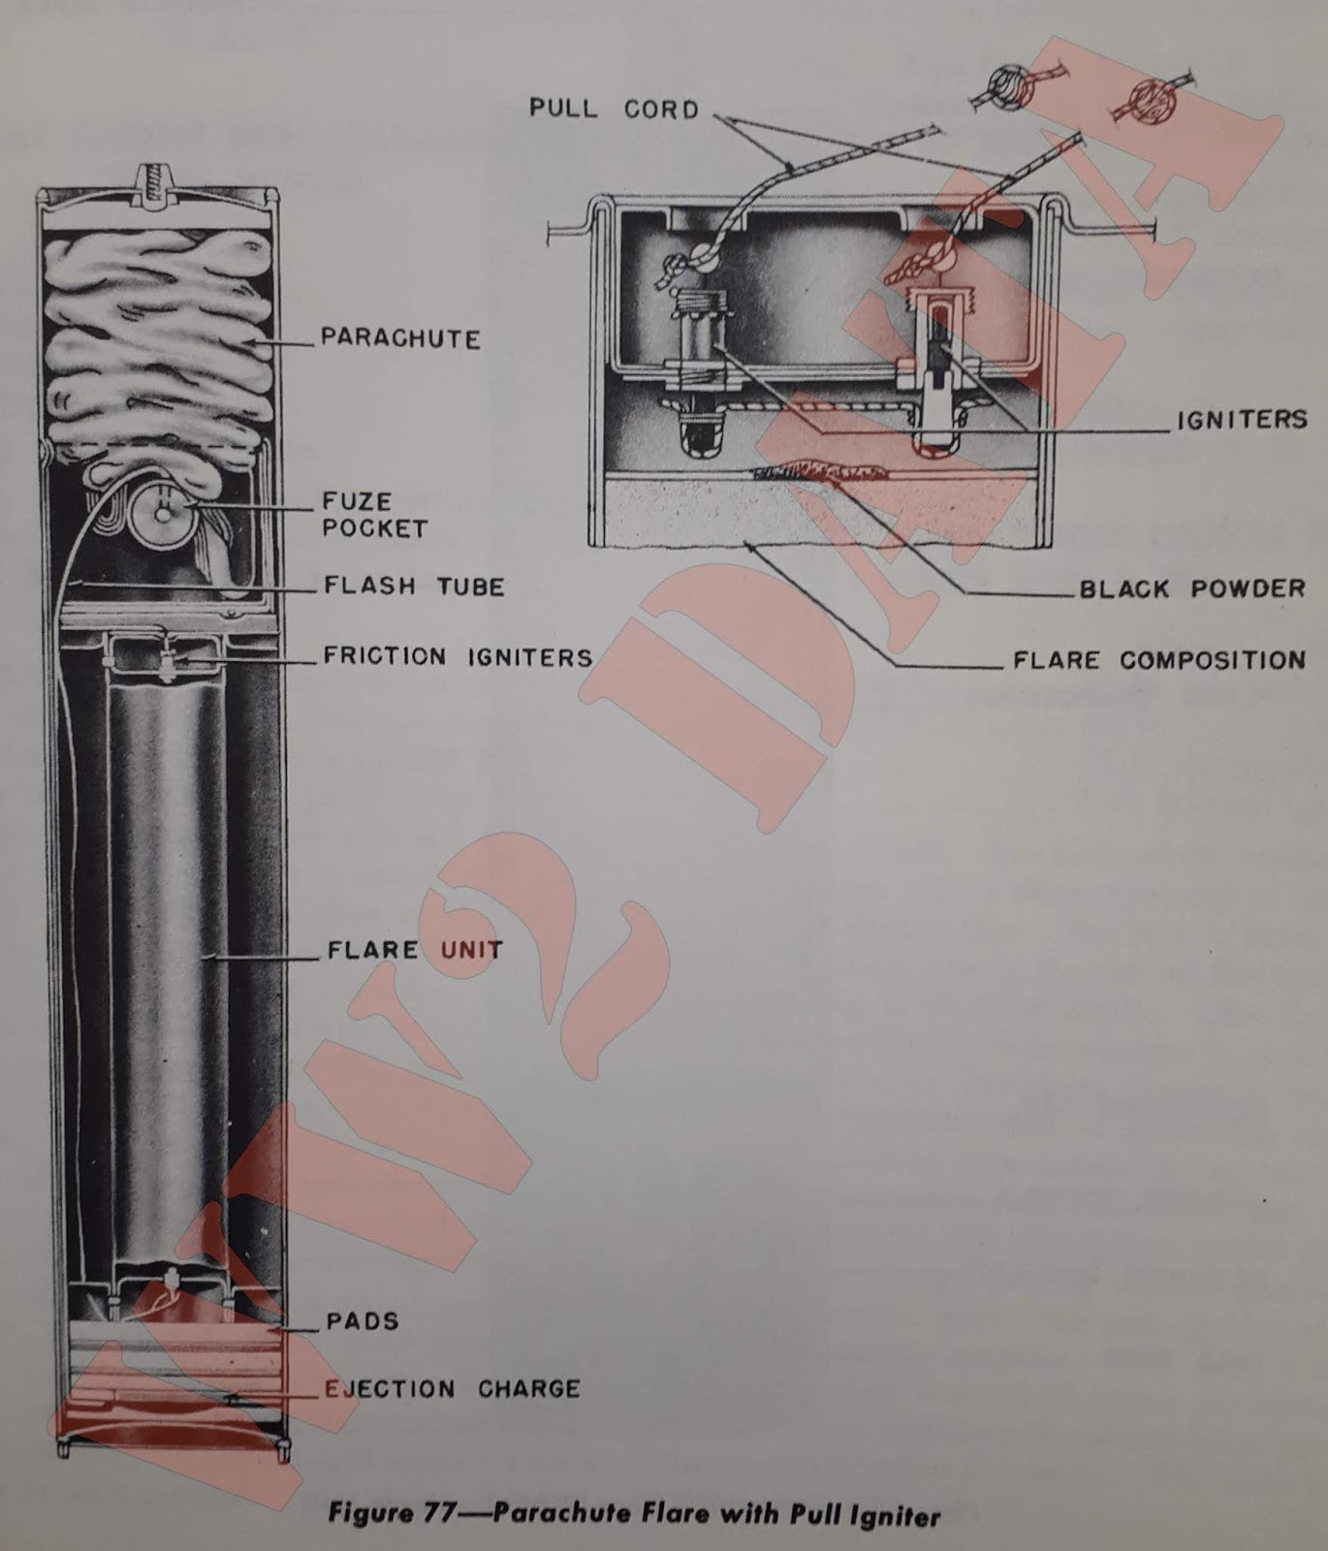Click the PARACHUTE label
click(x=400, y=338)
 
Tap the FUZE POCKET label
click(x=374, y=515)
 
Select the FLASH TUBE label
click(x=414, y=586)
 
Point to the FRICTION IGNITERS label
click(x=458, y=657)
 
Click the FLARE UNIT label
click(x=415, y=949)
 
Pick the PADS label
click(x=363, y=1321)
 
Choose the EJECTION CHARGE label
click(x=452, y=1389)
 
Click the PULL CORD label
click(x=614, y=109)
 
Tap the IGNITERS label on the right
click(x=1242, y=420)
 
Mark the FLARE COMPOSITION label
click(x=1159, y=661)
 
